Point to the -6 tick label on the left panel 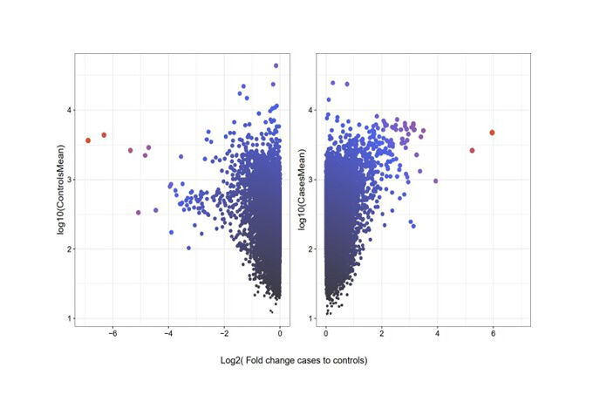(x=111, y=333)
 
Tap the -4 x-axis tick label (x=168, y=333)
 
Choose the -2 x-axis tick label (x=224, y=333)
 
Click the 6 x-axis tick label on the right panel (x=493, y=333)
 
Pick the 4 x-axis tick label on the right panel (x=437, y=333)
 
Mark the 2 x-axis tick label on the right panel (x=382, y=333)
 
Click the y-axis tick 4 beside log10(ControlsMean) (x=68, y=110)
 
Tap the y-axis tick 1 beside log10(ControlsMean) (x=68, y=318)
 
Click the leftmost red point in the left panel (x=88, y=140)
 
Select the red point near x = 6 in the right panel (x=493, y=133)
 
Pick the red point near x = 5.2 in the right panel (x=472, y=150)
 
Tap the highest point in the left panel (x=276, y=65)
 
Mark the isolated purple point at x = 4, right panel (x=436, y=181)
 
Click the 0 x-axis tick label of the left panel (x=279, y=333)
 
